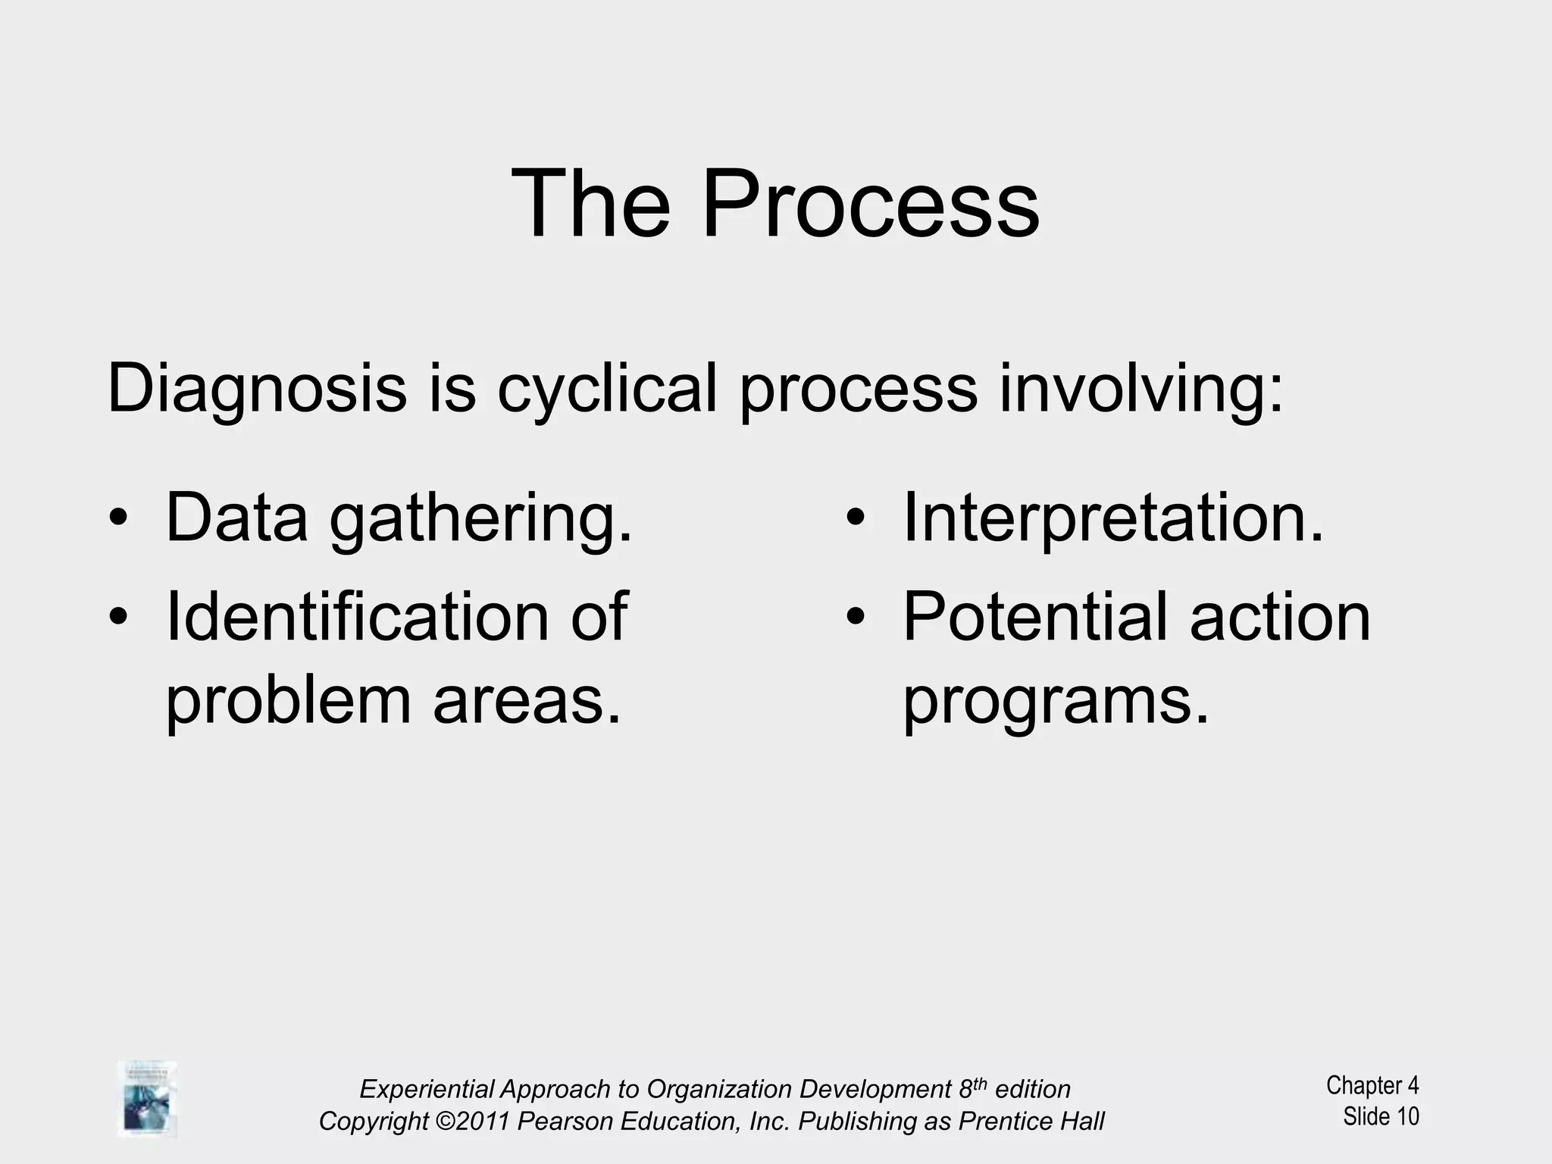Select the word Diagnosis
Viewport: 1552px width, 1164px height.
tap(257, 390)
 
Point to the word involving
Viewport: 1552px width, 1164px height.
tap(1141, 390)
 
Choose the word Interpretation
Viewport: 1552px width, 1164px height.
tap(1112, 518)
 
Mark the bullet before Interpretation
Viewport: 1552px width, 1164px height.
tap(856, 519)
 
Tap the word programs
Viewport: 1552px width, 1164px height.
tap(1055, 701)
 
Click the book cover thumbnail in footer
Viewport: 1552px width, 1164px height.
tap(147, 1099)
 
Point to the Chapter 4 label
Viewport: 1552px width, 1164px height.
tap(1372, 1085)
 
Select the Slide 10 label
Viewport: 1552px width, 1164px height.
tap(1381, 1116)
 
